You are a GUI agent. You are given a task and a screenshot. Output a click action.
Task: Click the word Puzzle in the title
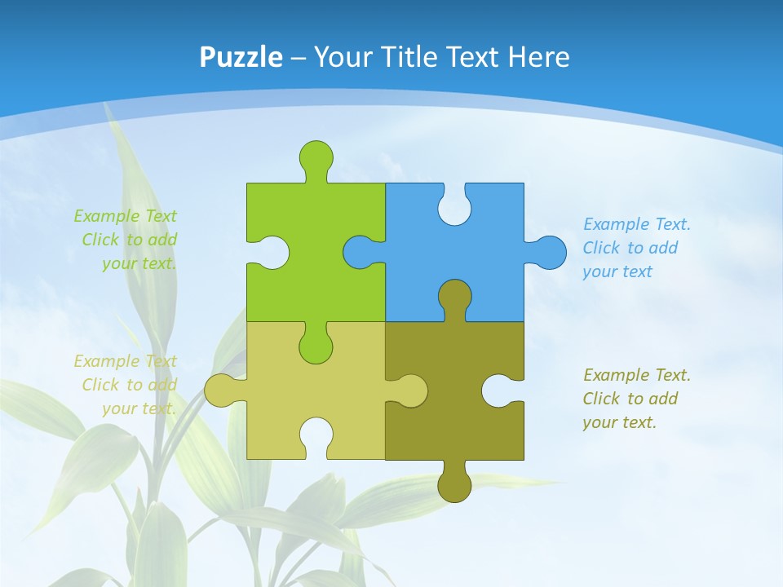coord(241,57)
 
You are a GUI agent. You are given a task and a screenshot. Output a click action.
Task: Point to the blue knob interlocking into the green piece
coord(358,252)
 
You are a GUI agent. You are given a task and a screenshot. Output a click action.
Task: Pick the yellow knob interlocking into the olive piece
coord(413,391)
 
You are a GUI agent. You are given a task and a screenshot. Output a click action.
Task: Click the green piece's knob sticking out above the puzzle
coord(316,156)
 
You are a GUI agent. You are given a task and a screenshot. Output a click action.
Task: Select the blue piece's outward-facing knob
coord(551,252)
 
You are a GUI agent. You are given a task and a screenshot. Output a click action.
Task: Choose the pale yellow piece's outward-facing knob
coord(219,391)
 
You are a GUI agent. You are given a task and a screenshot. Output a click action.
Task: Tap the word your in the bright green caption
coord(119,263)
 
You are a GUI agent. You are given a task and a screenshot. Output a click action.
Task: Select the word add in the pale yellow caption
coord(163,385)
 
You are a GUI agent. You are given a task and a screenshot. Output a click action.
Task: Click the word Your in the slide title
coord(343,57)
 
